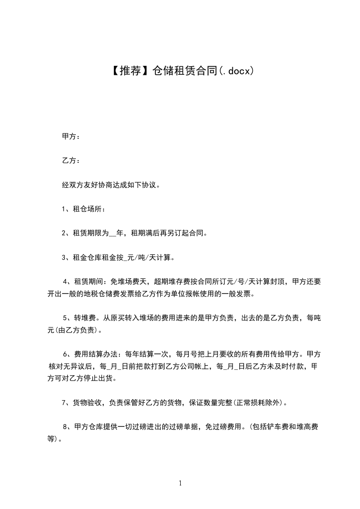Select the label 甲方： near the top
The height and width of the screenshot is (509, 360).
71,136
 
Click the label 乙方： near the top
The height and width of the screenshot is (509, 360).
71,161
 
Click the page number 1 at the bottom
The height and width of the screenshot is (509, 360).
180,483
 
